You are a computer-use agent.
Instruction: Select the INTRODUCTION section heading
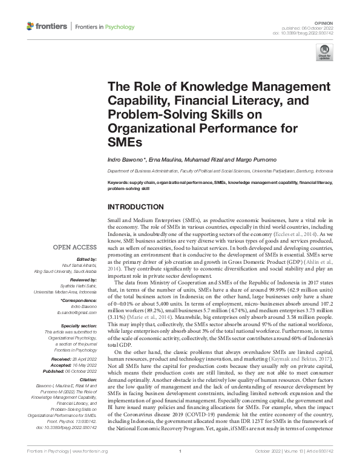[x=135, y=207]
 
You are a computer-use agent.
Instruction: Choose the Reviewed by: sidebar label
[x=80, y=281]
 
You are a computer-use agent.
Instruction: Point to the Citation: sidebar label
[x=87, y=376]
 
